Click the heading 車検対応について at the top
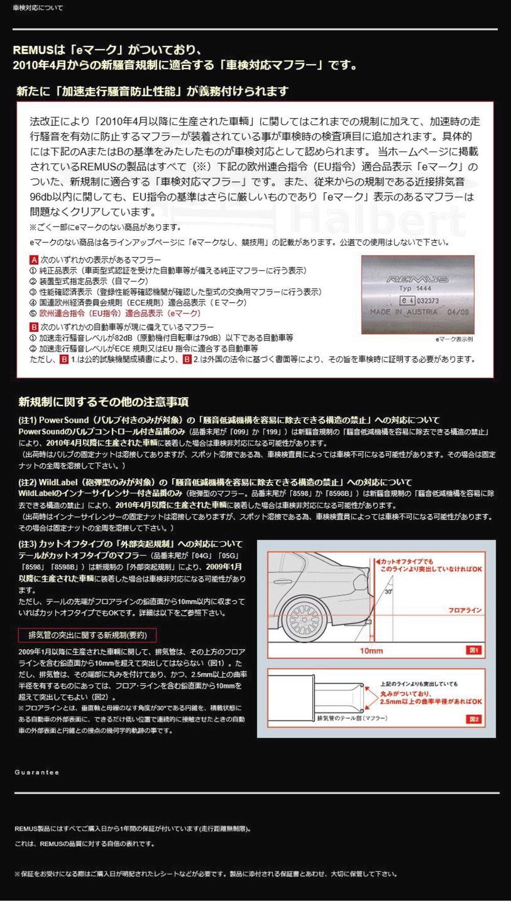(x=38, y=8)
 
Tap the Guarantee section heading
(x=37, y=772)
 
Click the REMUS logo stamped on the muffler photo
(x=417, y=279)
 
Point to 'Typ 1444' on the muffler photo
(x=415, y=289)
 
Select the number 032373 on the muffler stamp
(x=428, y=301)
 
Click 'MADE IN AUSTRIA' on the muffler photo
(x=404, y=312)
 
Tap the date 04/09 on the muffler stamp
(x=458, y=312)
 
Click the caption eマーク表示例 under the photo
(x=454, y=339)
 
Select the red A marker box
(x=34, y=260)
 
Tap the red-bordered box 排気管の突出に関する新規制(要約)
(x=87, y=635)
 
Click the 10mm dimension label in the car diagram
(x=371, y=651)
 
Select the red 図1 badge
(x=474, y=650)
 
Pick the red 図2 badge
(x=474, y=719)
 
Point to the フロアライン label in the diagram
(x=464, y=610)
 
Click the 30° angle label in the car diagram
(x=388, y=592)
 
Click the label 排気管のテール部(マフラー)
(x=352, y=718)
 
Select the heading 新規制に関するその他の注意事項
(x=103, y=402)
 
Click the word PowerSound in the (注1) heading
(x=64, y=420)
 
